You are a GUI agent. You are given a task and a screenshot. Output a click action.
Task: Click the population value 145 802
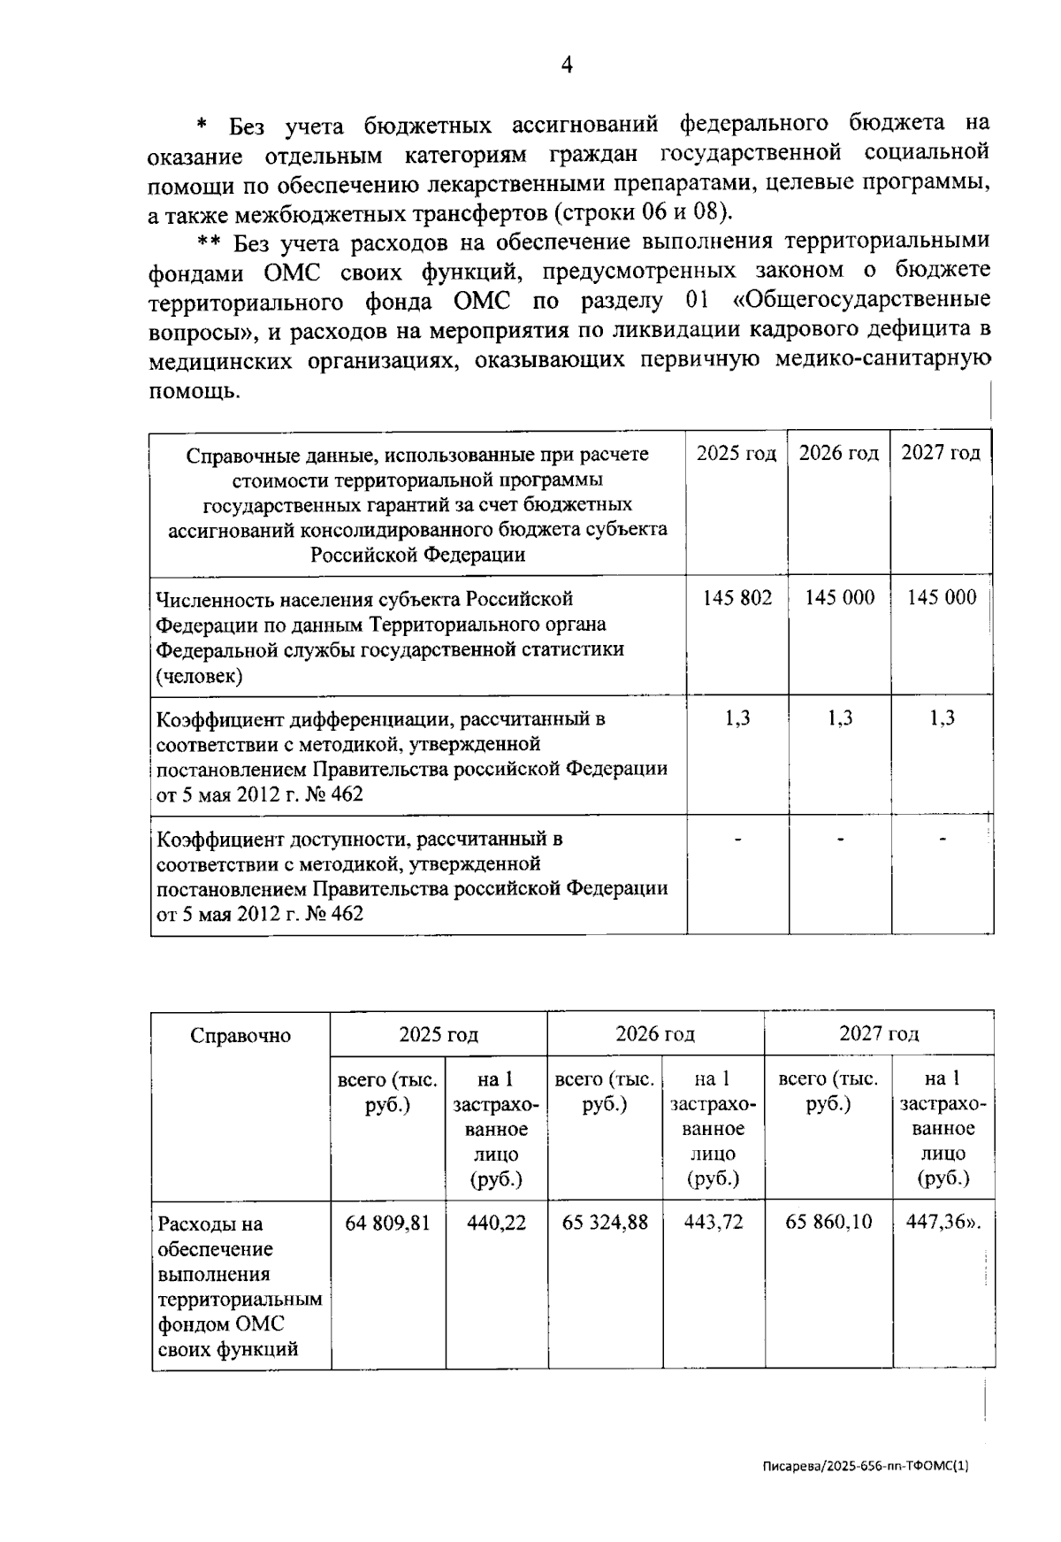[737, 598]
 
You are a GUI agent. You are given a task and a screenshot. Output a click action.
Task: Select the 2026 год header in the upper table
[838, 454]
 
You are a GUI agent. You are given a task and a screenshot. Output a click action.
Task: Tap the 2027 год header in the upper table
[941, 454]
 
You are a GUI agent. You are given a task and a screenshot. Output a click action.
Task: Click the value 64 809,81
[387, 1223]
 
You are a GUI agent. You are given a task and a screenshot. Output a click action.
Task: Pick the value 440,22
[496, 1223]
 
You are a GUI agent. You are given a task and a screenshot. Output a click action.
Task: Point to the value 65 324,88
[605, 1223]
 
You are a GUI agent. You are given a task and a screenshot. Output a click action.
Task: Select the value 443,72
[714, 1223]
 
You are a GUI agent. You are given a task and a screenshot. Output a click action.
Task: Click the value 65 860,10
[828, 1223]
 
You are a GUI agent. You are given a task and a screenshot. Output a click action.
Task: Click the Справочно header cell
[240, 1036]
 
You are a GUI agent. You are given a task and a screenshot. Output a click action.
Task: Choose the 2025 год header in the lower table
[438, 1034]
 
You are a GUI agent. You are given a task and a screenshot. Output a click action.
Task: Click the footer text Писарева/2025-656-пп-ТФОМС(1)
[866, 1466]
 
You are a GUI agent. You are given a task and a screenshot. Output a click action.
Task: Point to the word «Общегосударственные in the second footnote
[861, 301]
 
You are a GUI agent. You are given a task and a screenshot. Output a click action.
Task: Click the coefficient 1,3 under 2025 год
[737, 718]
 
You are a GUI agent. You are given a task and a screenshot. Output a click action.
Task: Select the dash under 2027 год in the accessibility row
[943, 837]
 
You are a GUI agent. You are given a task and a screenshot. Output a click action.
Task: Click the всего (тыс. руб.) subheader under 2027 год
[828, 1092]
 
